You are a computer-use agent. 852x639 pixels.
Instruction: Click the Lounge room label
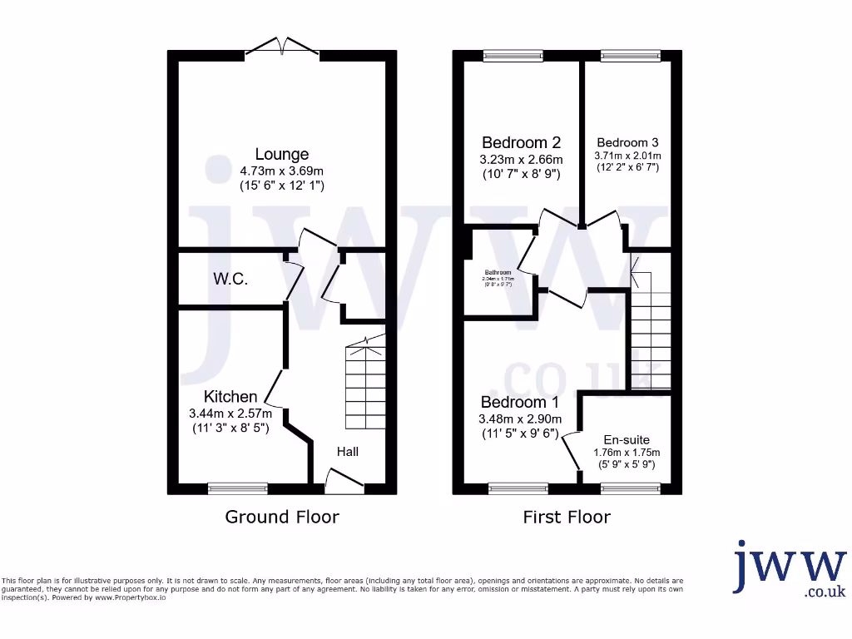[282, 154]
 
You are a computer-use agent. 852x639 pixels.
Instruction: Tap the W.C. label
[230, 279]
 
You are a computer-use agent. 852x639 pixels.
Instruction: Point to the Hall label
[348, 451]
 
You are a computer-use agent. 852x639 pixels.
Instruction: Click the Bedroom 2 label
[522, 142]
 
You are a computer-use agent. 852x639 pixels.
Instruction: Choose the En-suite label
[627, 439]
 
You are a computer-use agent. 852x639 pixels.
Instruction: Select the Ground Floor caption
[282, 517]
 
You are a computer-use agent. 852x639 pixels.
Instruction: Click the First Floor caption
[567, 517]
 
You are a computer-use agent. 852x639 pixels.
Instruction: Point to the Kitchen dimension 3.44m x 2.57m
[230, 413]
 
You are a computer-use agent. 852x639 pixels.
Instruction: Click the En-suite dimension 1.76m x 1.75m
[627, 453]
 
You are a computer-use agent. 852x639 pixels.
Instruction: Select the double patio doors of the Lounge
[283, 50]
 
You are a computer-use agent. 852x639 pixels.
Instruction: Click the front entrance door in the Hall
[344, 480]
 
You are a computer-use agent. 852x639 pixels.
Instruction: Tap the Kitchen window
[237, 487]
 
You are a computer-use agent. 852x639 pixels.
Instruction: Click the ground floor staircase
[364, 383]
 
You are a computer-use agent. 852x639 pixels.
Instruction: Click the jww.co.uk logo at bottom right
[788, 570]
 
